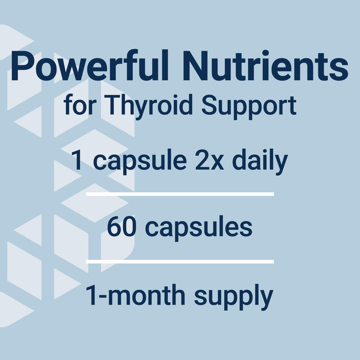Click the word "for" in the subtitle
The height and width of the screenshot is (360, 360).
coord(77,106)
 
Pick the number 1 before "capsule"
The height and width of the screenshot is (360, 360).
coord(77,161)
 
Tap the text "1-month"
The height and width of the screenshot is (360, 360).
coord(135,295)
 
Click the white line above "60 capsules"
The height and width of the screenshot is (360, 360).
coord(180,193)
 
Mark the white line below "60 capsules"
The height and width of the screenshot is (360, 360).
coord(180,261)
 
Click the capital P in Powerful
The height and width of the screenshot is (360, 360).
coord(21,66)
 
